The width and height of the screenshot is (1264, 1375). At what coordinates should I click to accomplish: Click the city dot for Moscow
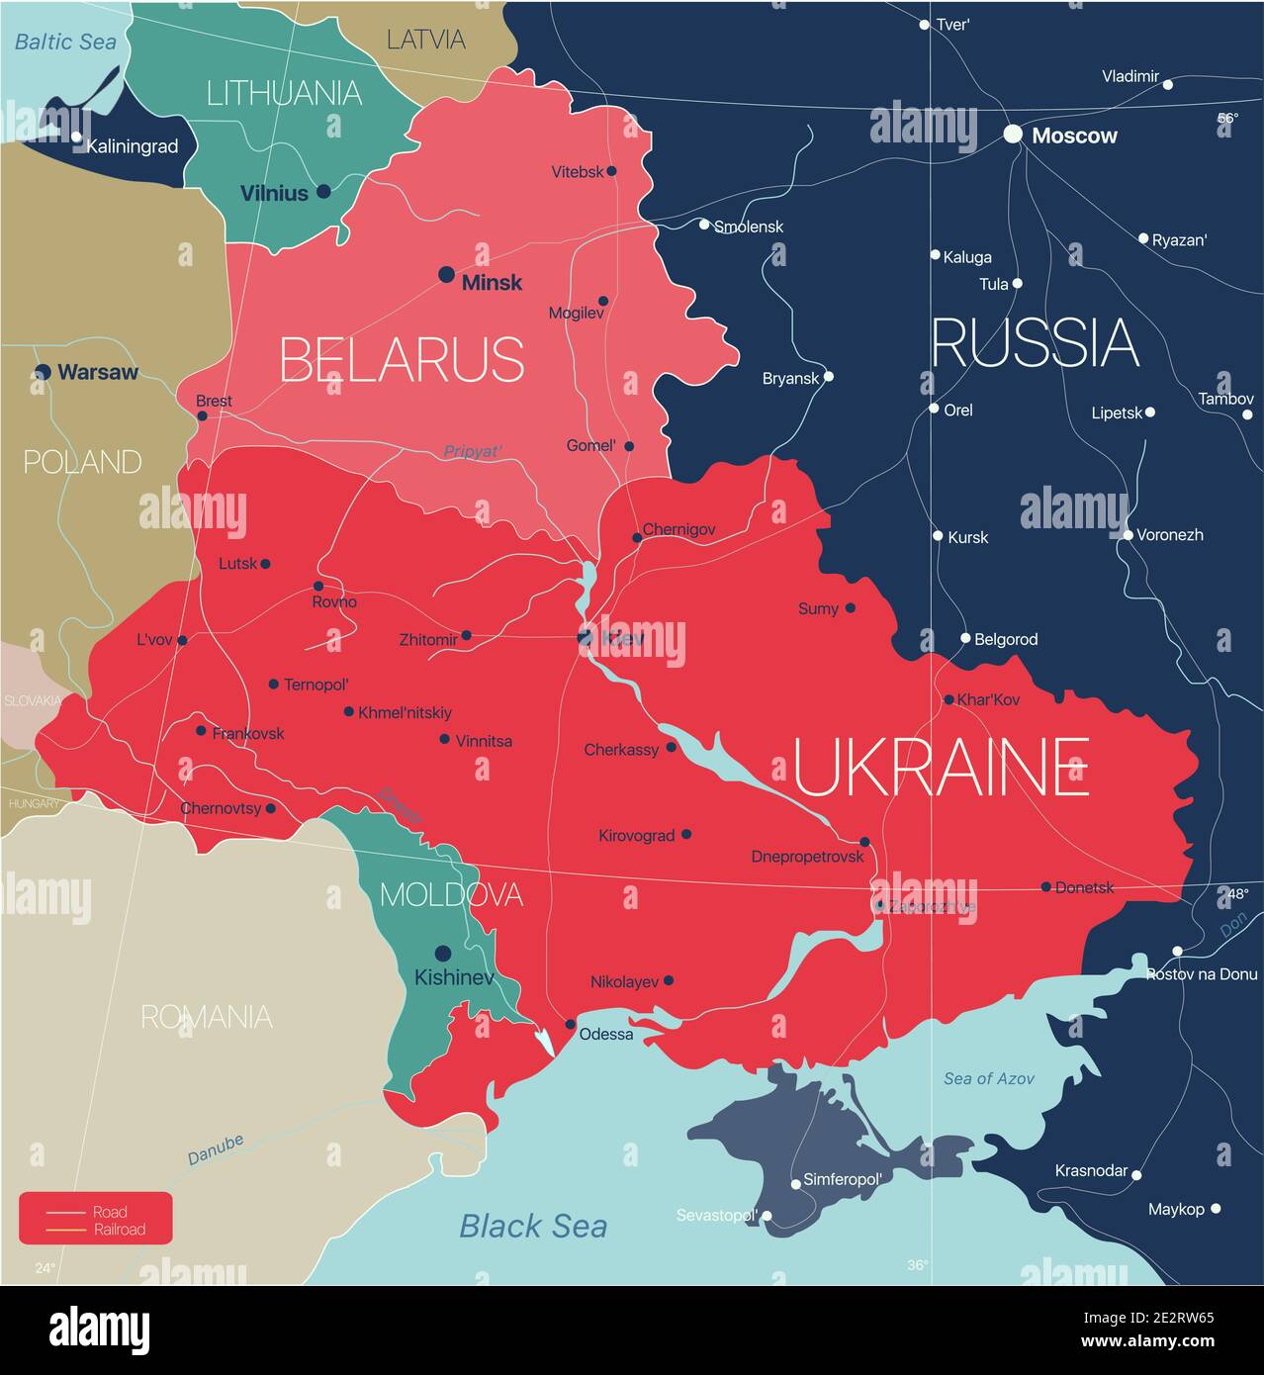click(x=1013, y=134)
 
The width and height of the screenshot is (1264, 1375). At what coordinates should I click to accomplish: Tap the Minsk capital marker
click(x=447, y=274)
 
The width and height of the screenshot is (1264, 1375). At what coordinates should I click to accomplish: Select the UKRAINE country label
click(x=941, y=768)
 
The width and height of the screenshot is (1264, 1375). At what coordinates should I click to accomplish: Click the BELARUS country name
click(x=402, y=359)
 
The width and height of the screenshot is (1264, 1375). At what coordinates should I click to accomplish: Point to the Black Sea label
click(x=533, y=1227)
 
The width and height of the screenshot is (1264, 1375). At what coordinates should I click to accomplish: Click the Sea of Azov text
click(x=988, y=1078)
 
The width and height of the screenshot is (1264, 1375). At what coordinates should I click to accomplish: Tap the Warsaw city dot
click(x=43, y=372)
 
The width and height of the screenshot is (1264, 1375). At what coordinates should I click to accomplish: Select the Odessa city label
click(x=605, y=1034)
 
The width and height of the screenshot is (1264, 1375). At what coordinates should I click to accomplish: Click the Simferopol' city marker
click(x=796, y=1184)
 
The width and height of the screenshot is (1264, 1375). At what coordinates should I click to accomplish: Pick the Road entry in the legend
click(x=110, y=1212)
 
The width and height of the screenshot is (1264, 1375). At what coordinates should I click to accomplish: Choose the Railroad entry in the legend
click(x=119, y=1230)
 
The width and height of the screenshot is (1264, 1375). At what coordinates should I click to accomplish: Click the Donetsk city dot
click(x=1046, y=886)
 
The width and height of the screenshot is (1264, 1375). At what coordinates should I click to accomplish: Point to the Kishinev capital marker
click(x=443, y=954)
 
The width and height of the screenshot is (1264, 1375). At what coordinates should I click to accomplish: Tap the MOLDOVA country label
click(x=451, y=894)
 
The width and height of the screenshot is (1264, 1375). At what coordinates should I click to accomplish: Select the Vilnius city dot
click(x=323, y=192)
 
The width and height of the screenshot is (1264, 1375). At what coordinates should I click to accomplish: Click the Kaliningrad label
click(x=133, y=146)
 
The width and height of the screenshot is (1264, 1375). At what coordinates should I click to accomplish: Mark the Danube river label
click(x=216, y=1149)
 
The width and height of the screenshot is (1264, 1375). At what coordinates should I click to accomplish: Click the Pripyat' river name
click(x=473, y=451)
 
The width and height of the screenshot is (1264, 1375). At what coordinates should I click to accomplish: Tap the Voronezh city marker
click(x=1128, y=535)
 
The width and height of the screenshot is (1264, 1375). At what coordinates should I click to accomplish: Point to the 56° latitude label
click(x=1226, y=118)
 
